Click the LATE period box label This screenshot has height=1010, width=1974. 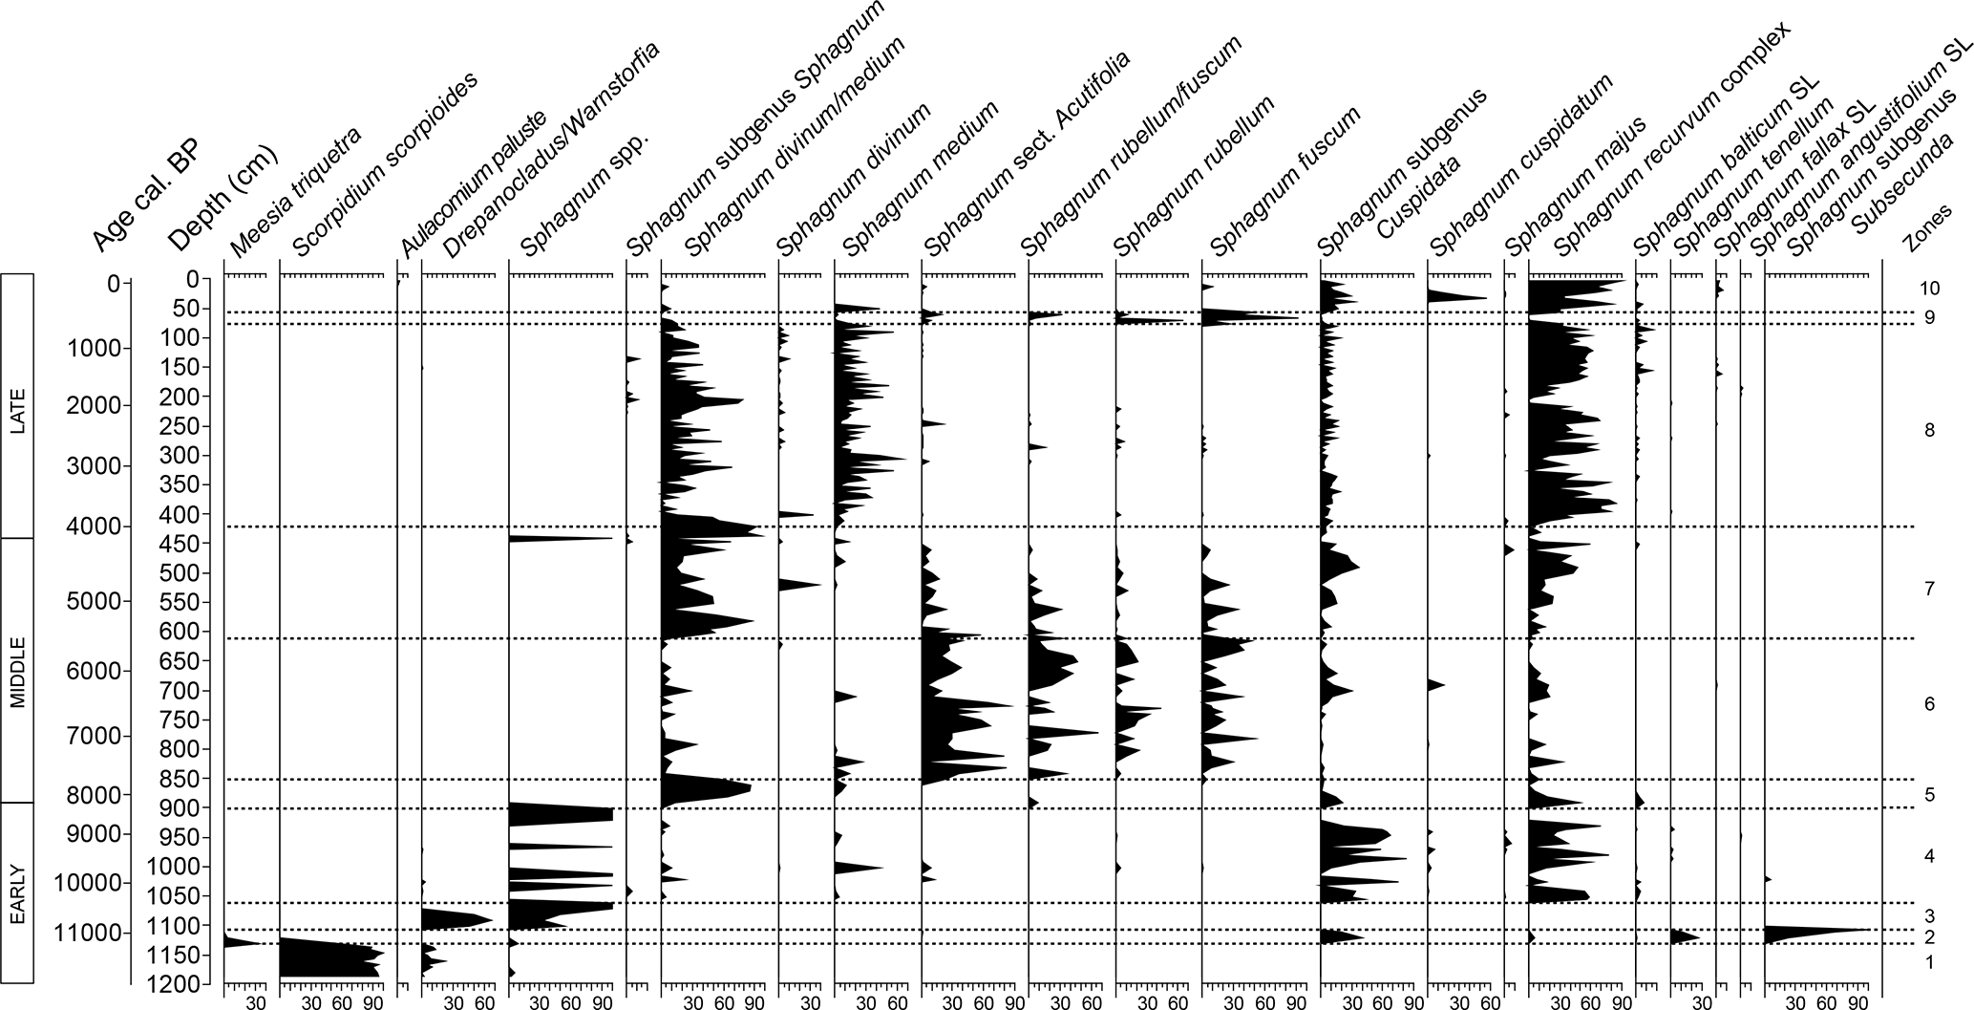pos(17,405)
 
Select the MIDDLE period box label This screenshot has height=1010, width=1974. pos(17,670)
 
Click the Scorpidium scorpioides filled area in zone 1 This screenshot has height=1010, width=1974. pos(325,958)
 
